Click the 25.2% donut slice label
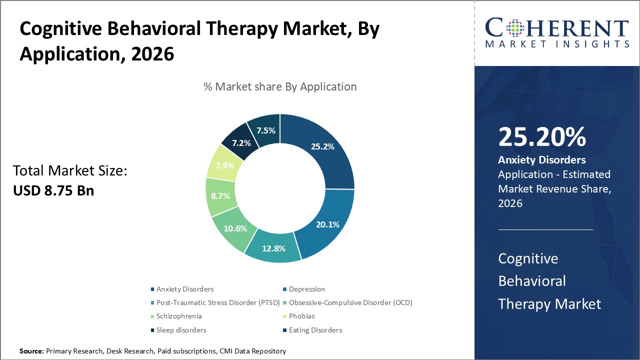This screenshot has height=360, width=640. (322, 146)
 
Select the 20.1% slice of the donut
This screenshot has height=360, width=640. (327, 224)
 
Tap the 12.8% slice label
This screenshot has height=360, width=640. (274, 248)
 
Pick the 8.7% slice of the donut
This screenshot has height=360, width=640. (220, 196)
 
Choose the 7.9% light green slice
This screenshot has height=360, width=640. (224, 165)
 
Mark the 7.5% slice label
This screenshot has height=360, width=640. (266, 130)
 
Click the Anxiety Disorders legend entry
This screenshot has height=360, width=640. (185, 289)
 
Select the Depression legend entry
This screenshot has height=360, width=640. (306, 289)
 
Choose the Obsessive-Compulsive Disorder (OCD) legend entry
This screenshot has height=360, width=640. (350, 302)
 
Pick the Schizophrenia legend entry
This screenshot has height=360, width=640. (179, 316)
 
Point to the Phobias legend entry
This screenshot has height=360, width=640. (301, 316)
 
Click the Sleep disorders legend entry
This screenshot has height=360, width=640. (181, 330)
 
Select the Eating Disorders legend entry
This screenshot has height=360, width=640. (315, 330)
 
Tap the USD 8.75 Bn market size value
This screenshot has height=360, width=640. (53, 190)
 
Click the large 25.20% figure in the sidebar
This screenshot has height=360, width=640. (542, 137)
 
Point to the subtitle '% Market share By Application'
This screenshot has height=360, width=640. (280, 86)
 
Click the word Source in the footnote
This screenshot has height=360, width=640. (31, 351)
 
